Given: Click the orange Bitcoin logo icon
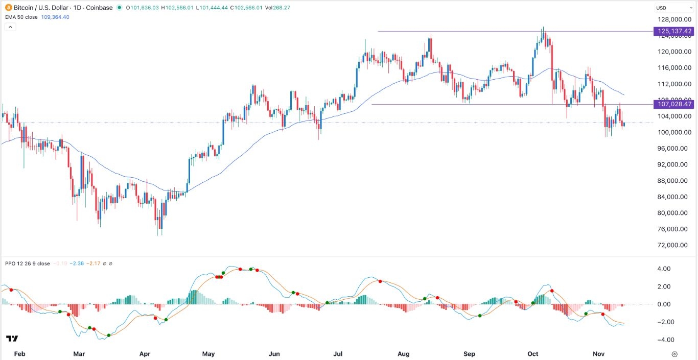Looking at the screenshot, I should [x=8, y=8].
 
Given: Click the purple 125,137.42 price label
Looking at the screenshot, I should [x=674, y=32].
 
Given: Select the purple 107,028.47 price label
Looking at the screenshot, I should [x=674, y=104].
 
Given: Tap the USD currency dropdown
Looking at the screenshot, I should [x=674, y=8].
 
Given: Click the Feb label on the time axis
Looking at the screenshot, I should [x=19, y=354].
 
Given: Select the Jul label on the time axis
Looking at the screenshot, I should [x=338, y=354].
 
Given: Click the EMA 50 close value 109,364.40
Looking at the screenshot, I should [x=55, y=17].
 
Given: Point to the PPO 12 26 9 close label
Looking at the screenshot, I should [x=28, y=263].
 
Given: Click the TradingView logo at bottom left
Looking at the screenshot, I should [x=12, y=339].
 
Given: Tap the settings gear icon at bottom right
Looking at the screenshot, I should [x=674, y=354].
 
